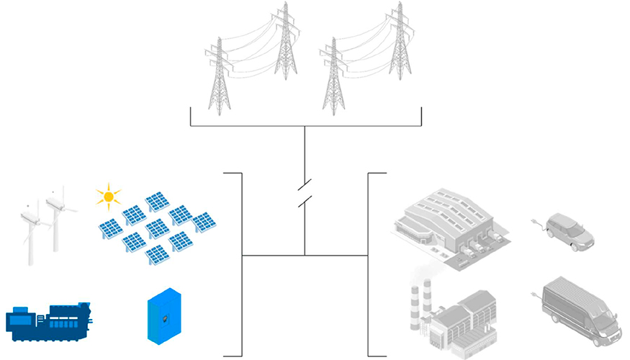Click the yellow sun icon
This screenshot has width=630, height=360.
pos(108,195)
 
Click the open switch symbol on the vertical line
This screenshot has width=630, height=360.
pos(305,192)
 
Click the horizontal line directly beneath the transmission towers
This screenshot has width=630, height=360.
pos(305,126)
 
